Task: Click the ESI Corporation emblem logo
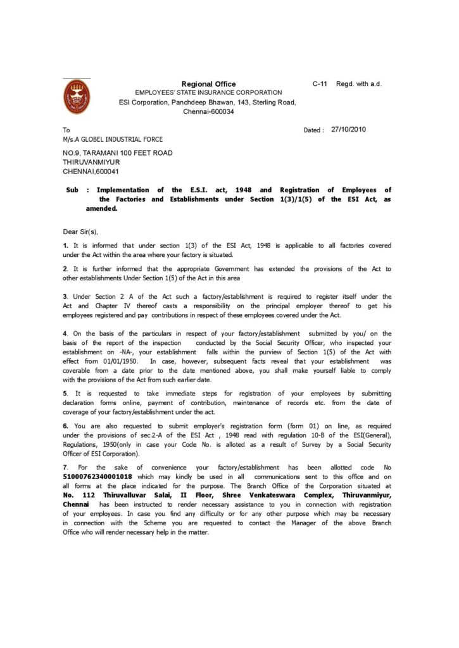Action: click(x=77, y=96)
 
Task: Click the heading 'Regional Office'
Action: click(x=208, y=84)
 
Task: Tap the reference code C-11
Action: click(x=320, y=84)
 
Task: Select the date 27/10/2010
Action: click(x=348, y=129)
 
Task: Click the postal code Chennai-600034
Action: click(x=208, y=111)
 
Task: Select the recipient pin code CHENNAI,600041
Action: click(x=91, y=171)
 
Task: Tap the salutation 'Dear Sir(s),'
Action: click(x=80, y=232)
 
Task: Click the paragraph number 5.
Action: click(x=65, y=394)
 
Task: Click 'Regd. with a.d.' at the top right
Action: click(x=359, y=84)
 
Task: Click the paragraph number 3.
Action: click(x=65, y=296)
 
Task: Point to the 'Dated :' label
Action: click(x=314, y=130)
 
